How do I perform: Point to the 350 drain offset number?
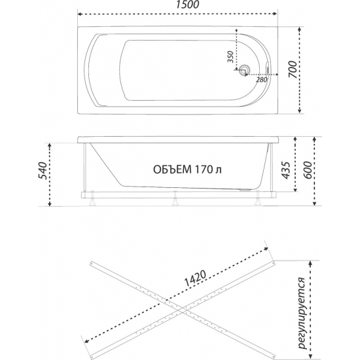(230, 59)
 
